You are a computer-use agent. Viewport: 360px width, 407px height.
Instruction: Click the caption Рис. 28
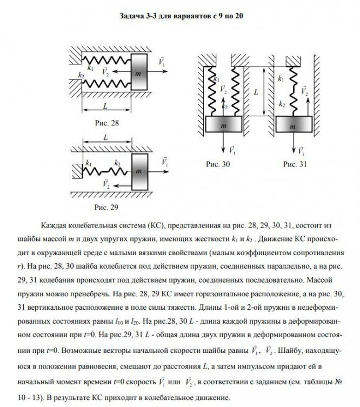106,123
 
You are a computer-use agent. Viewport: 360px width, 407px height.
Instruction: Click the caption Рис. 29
106,207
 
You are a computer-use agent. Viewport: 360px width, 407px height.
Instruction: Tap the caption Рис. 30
219,163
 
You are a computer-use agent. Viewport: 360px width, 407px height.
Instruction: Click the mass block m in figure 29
139,171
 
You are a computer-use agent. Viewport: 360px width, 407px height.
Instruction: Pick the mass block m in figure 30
223,128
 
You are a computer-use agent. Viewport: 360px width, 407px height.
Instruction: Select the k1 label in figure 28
90,68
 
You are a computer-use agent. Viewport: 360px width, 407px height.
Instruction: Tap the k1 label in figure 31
281,79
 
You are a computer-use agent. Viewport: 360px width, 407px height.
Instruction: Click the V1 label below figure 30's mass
232,149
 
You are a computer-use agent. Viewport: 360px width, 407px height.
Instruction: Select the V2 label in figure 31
304,91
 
